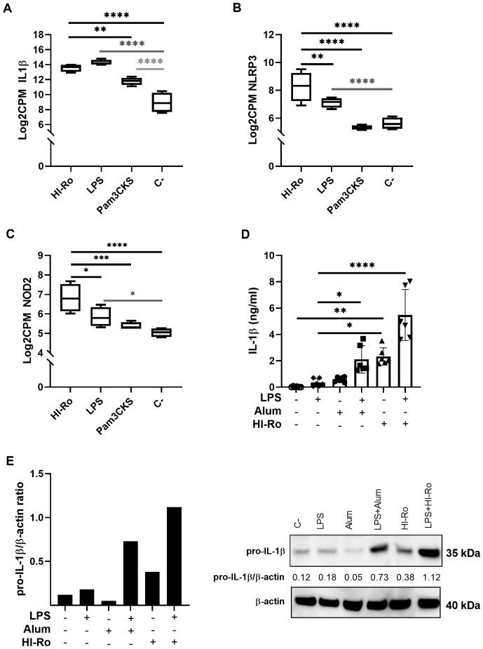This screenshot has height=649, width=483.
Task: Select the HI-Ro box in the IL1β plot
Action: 70,68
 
